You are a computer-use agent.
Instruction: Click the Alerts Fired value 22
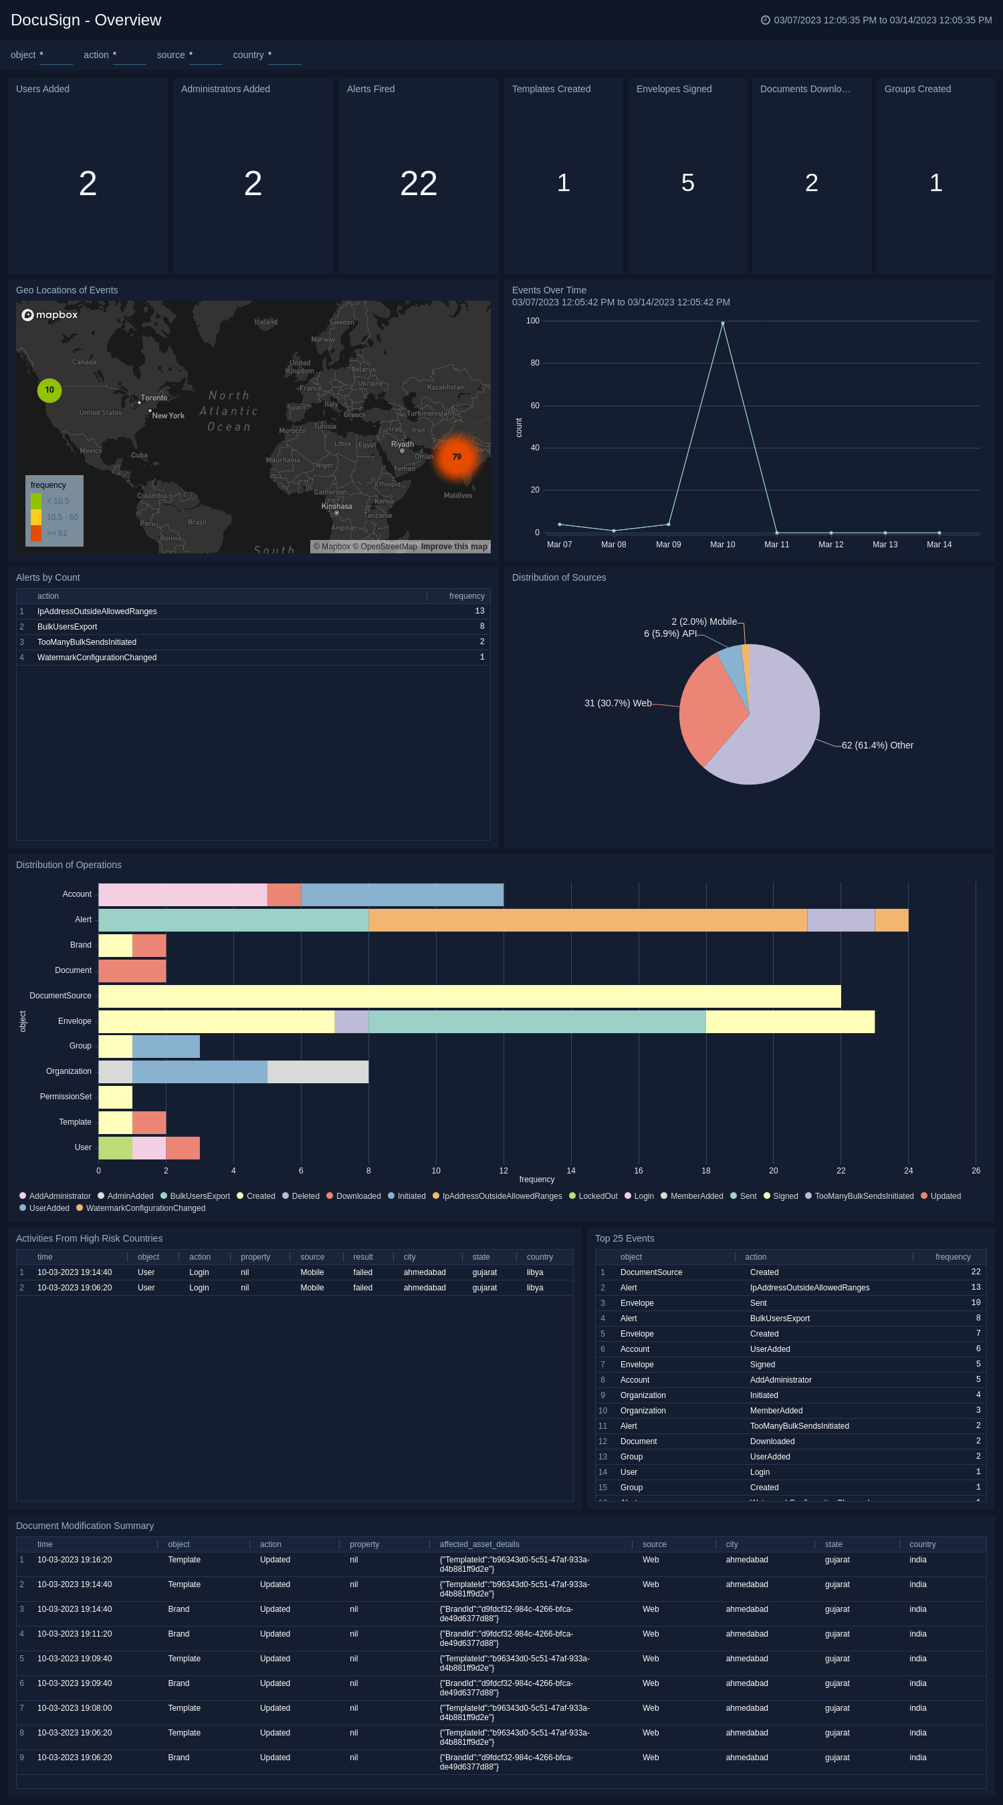point(419,184)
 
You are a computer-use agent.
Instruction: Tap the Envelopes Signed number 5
point(687,183)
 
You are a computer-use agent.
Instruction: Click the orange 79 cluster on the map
point(456,457)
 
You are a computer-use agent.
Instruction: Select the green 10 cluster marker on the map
point(49,390)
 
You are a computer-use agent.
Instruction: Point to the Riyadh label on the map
point(403,444)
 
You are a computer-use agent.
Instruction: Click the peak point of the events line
point(723,323)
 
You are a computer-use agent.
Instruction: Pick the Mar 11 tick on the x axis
point(776,545)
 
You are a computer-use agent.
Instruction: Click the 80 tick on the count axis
point(535,363)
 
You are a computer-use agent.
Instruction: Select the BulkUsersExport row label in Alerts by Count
point(68,626)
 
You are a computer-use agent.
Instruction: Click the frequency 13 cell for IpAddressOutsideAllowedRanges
point(479,611)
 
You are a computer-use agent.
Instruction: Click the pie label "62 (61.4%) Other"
point(877,745)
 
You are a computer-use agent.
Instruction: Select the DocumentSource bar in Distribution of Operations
point(469,996)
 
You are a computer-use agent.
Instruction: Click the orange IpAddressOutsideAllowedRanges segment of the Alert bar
point(587,920)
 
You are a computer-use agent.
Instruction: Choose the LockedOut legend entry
point(597,1196)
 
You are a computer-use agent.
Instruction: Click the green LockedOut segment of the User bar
point(116,1147)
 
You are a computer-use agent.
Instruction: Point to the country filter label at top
point(248,55)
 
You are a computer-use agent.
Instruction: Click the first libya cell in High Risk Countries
point(535,1272)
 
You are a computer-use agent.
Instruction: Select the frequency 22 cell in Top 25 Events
point(976,1272)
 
